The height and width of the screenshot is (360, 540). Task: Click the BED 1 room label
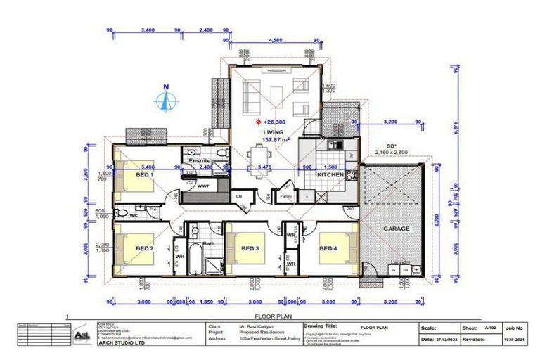(143, 175)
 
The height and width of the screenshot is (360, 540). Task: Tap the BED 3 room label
(250, 248)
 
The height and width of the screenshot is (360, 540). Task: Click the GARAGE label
(396, 229)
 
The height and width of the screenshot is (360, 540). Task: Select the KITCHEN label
(330, 174)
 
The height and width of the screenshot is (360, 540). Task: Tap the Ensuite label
(200, 161)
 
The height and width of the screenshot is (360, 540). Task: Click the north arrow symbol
(167, 101)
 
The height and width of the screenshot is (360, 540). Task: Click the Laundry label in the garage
(401, 264)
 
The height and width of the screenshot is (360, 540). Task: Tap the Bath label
(208, 244)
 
